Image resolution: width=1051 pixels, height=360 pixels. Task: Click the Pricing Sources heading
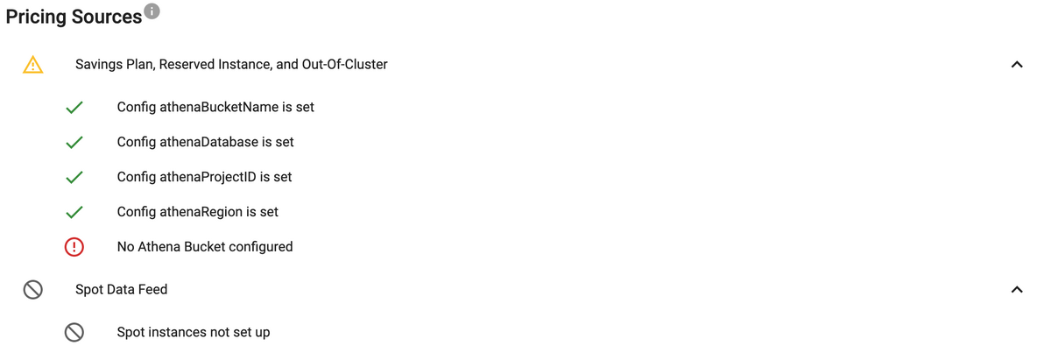74,17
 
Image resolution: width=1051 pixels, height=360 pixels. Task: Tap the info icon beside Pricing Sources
152,11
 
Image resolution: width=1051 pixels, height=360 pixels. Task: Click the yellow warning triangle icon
33,65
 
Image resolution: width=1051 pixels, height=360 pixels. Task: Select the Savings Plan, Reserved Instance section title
231,64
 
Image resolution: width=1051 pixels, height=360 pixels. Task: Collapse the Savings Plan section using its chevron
1016,65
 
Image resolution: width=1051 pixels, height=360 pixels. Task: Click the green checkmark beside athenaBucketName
74,108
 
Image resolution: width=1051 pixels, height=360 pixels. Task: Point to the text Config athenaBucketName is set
215,107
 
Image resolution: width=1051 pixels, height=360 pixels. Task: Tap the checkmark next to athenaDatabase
74,142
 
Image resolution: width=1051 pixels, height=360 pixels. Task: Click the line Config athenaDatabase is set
205,142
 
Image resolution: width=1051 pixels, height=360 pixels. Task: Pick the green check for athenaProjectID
74,177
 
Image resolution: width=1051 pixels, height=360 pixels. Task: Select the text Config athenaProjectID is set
204,177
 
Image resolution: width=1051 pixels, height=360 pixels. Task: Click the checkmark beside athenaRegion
74,212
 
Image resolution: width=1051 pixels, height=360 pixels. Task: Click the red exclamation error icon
74,247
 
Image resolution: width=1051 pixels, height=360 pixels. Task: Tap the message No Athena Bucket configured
205,247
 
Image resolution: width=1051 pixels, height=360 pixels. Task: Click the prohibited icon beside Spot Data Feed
33,290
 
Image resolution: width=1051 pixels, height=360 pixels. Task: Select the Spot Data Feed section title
121,289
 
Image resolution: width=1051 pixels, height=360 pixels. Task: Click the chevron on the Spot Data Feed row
1016,289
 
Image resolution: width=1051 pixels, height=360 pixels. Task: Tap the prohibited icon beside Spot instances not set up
74,332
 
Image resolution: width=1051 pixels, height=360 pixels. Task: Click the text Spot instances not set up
193,332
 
